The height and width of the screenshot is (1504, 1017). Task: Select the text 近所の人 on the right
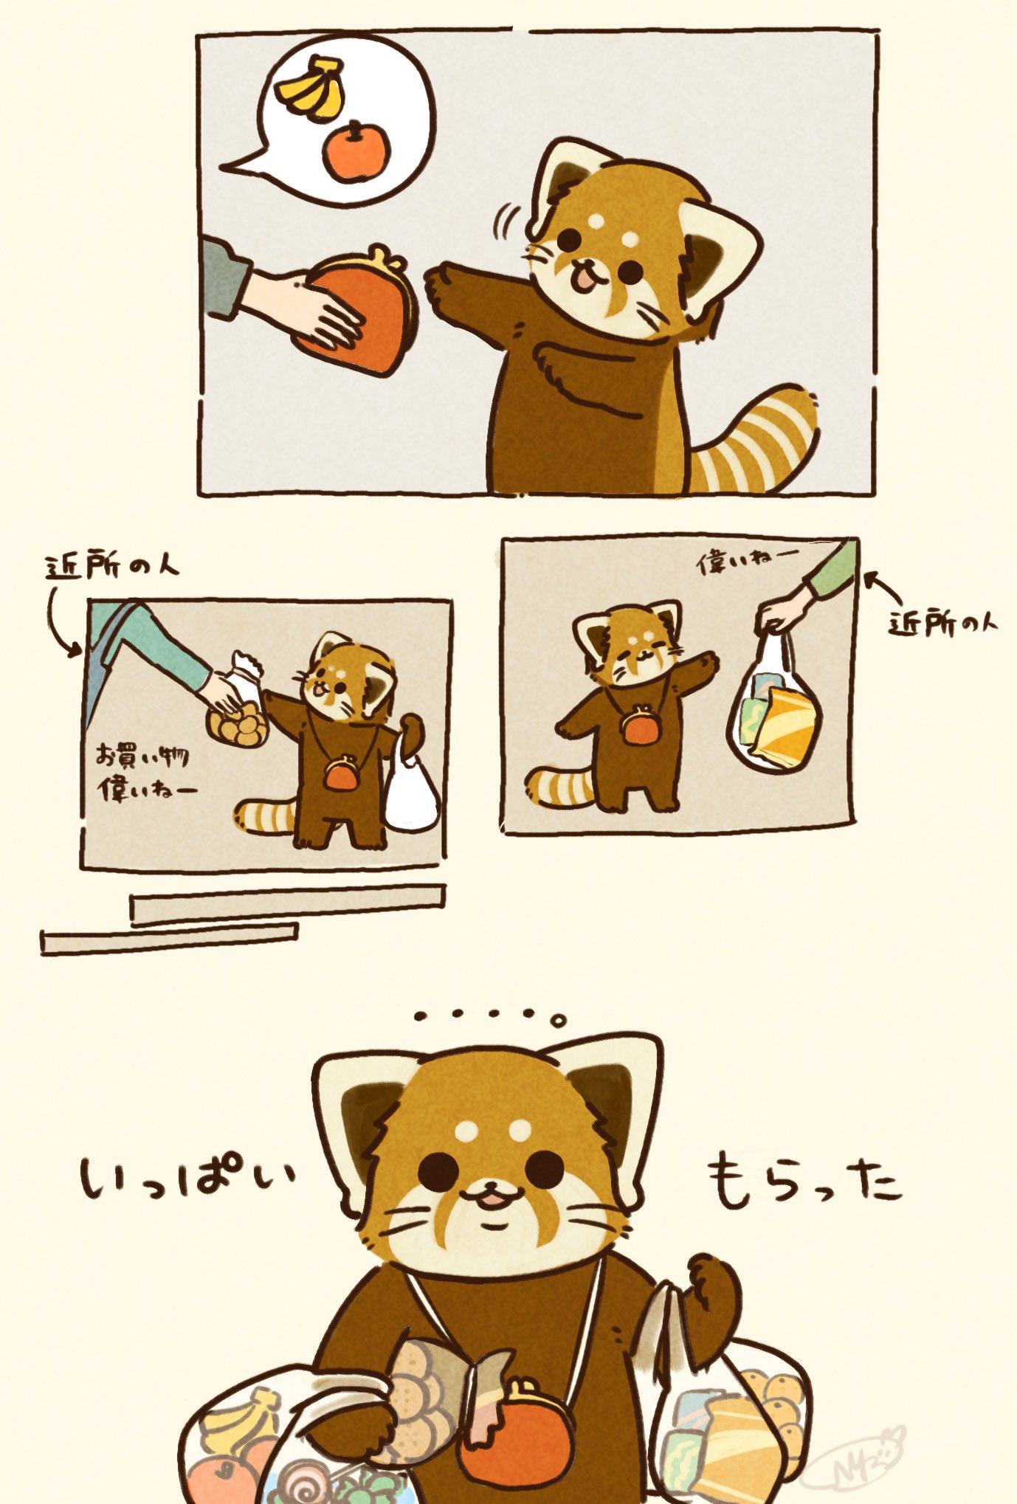point(942,624)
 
